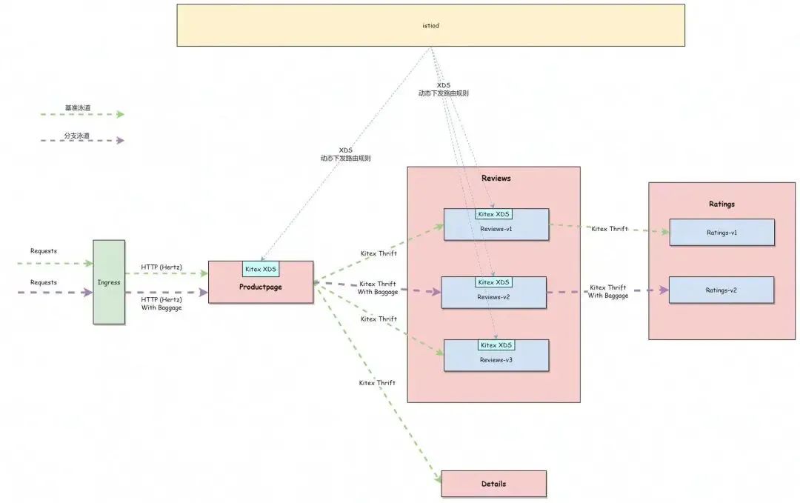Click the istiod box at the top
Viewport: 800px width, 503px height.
tap(430, 25)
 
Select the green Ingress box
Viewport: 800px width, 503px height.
tap(109, 282)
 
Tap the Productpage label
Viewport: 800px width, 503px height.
tap(260, 287)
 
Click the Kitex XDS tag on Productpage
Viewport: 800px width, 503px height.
tap(260, 269)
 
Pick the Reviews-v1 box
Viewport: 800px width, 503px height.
tap(496, 229)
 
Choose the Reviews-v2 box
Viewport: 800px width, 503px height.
tap(494, 297)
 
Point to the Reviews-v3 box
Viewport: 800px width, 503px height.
tap(496, 359)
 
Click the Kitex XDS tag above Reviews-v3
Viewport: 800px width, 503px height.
tap(496, 345)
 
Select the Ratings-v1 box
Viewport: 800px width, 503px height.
tap(721, 233)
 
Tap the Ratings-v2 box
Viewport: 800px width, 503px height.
tap(721, 290)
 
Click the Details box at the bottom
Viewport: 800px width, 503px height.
tap(493, 484)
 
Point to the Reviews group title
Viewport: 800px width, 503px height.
tap(496, 179)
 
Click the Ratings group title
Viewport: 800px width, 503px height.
tap(721, 204)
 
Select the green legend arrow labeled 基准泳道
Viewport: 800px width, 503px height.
tap(83, 114)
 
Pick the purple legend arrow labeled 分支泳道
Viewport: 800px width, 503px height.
tap(83, 140)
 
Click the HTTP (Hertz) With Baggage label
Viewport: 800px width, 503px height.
tap(161, 303)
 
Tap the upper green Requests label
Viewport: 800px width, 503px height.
tap(44, 251)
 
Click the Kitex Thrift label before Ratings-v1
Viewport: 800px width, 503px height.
tap(609, 229)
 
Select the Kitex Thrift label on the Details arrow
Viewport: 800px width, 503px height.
tap(377, 383)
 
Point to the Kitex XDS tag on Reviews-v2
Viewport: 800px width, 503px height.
tap(494, 282)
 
